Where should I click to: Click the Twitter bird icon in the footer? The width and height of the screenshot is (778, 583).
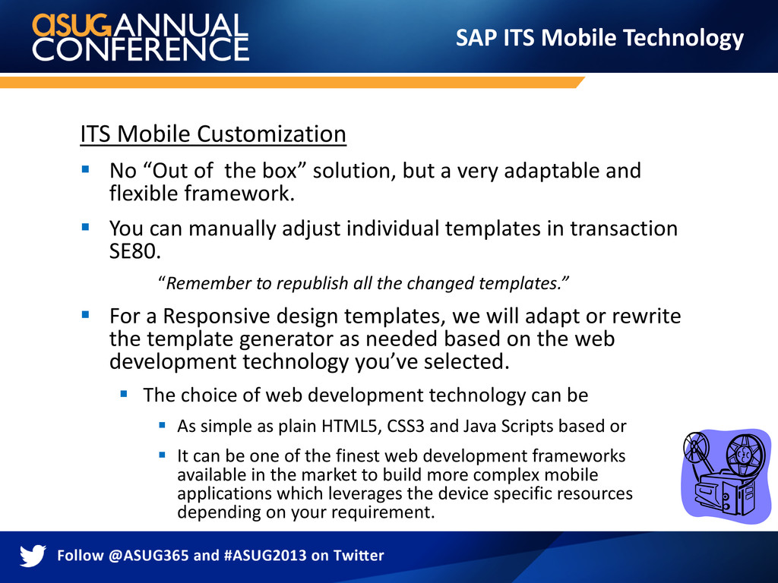(33, 555)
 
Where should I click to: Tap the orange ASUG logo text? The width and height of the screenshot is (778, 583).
(71, 26)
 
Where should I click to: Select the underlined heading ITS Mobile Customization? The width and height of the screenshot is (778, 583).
(213, 134)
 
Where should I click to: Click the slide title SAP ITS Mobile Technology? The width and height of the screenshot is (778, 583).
(599, 38)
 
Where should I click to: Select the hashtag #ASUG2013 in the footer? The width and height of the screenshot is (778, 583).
(265, 555)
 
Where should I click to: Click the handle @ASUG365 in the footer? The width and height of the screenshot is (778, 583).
(148, 555)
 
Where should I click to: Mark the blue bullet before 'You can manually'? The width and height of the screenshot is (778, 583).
(85, 228)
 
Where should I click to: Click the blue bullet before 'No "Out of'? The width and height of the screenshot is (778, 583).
(85, 169)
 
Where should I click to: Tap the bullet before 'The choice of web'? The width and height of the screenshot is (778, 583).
(124, 394)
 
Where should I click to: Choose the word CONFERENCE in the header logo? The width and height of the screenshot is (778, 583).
(141, 49)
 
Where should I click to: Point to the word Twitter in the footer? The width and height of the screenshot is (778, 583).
(359, 555)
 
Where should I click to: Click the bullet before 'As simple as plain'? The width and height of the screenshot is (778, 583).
(162, 425)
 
